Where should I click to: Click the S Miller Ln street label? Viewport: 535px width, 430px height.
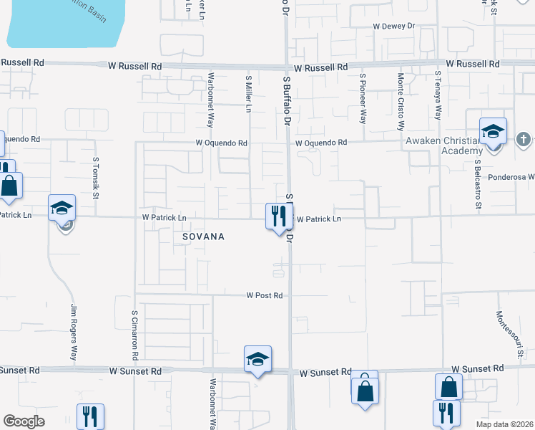(x=249, y=94)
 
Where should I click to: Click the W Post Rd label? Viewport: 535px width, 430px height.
(x=265, y=295)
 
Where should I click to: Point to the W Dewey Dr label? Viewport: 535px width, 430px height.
(x=393, y=26)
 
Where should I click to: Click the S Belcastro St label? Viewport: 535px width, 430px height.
(x=477, y=186)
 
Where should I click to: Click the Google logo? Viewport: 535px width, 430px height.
(x=24, y=421)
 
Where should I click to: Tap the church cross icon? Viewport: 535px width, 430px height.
(x=524, y=138)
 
